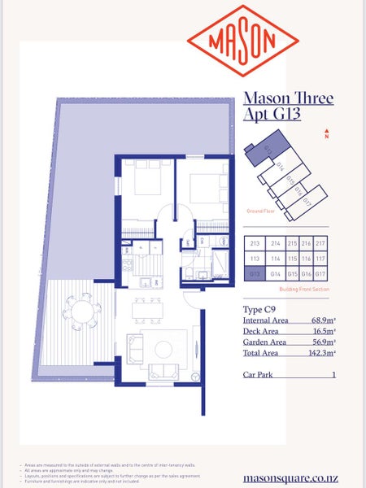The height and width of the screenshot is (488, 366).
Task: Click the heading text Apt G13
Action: click(272, 115)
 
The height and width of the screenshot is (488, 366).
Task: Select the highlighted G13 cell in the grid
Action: click(254, 275)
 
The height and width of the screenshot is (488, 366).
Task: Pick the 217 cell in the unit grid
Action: click(320, 243)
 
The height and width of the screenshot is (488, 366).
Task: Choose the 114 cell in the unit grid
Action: click(275, 259)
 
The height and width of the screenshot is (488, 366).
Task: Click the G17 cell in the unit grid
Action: click(320, 275)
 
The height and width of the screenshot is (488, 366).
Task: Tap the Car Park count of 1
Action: click(333, 375)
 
